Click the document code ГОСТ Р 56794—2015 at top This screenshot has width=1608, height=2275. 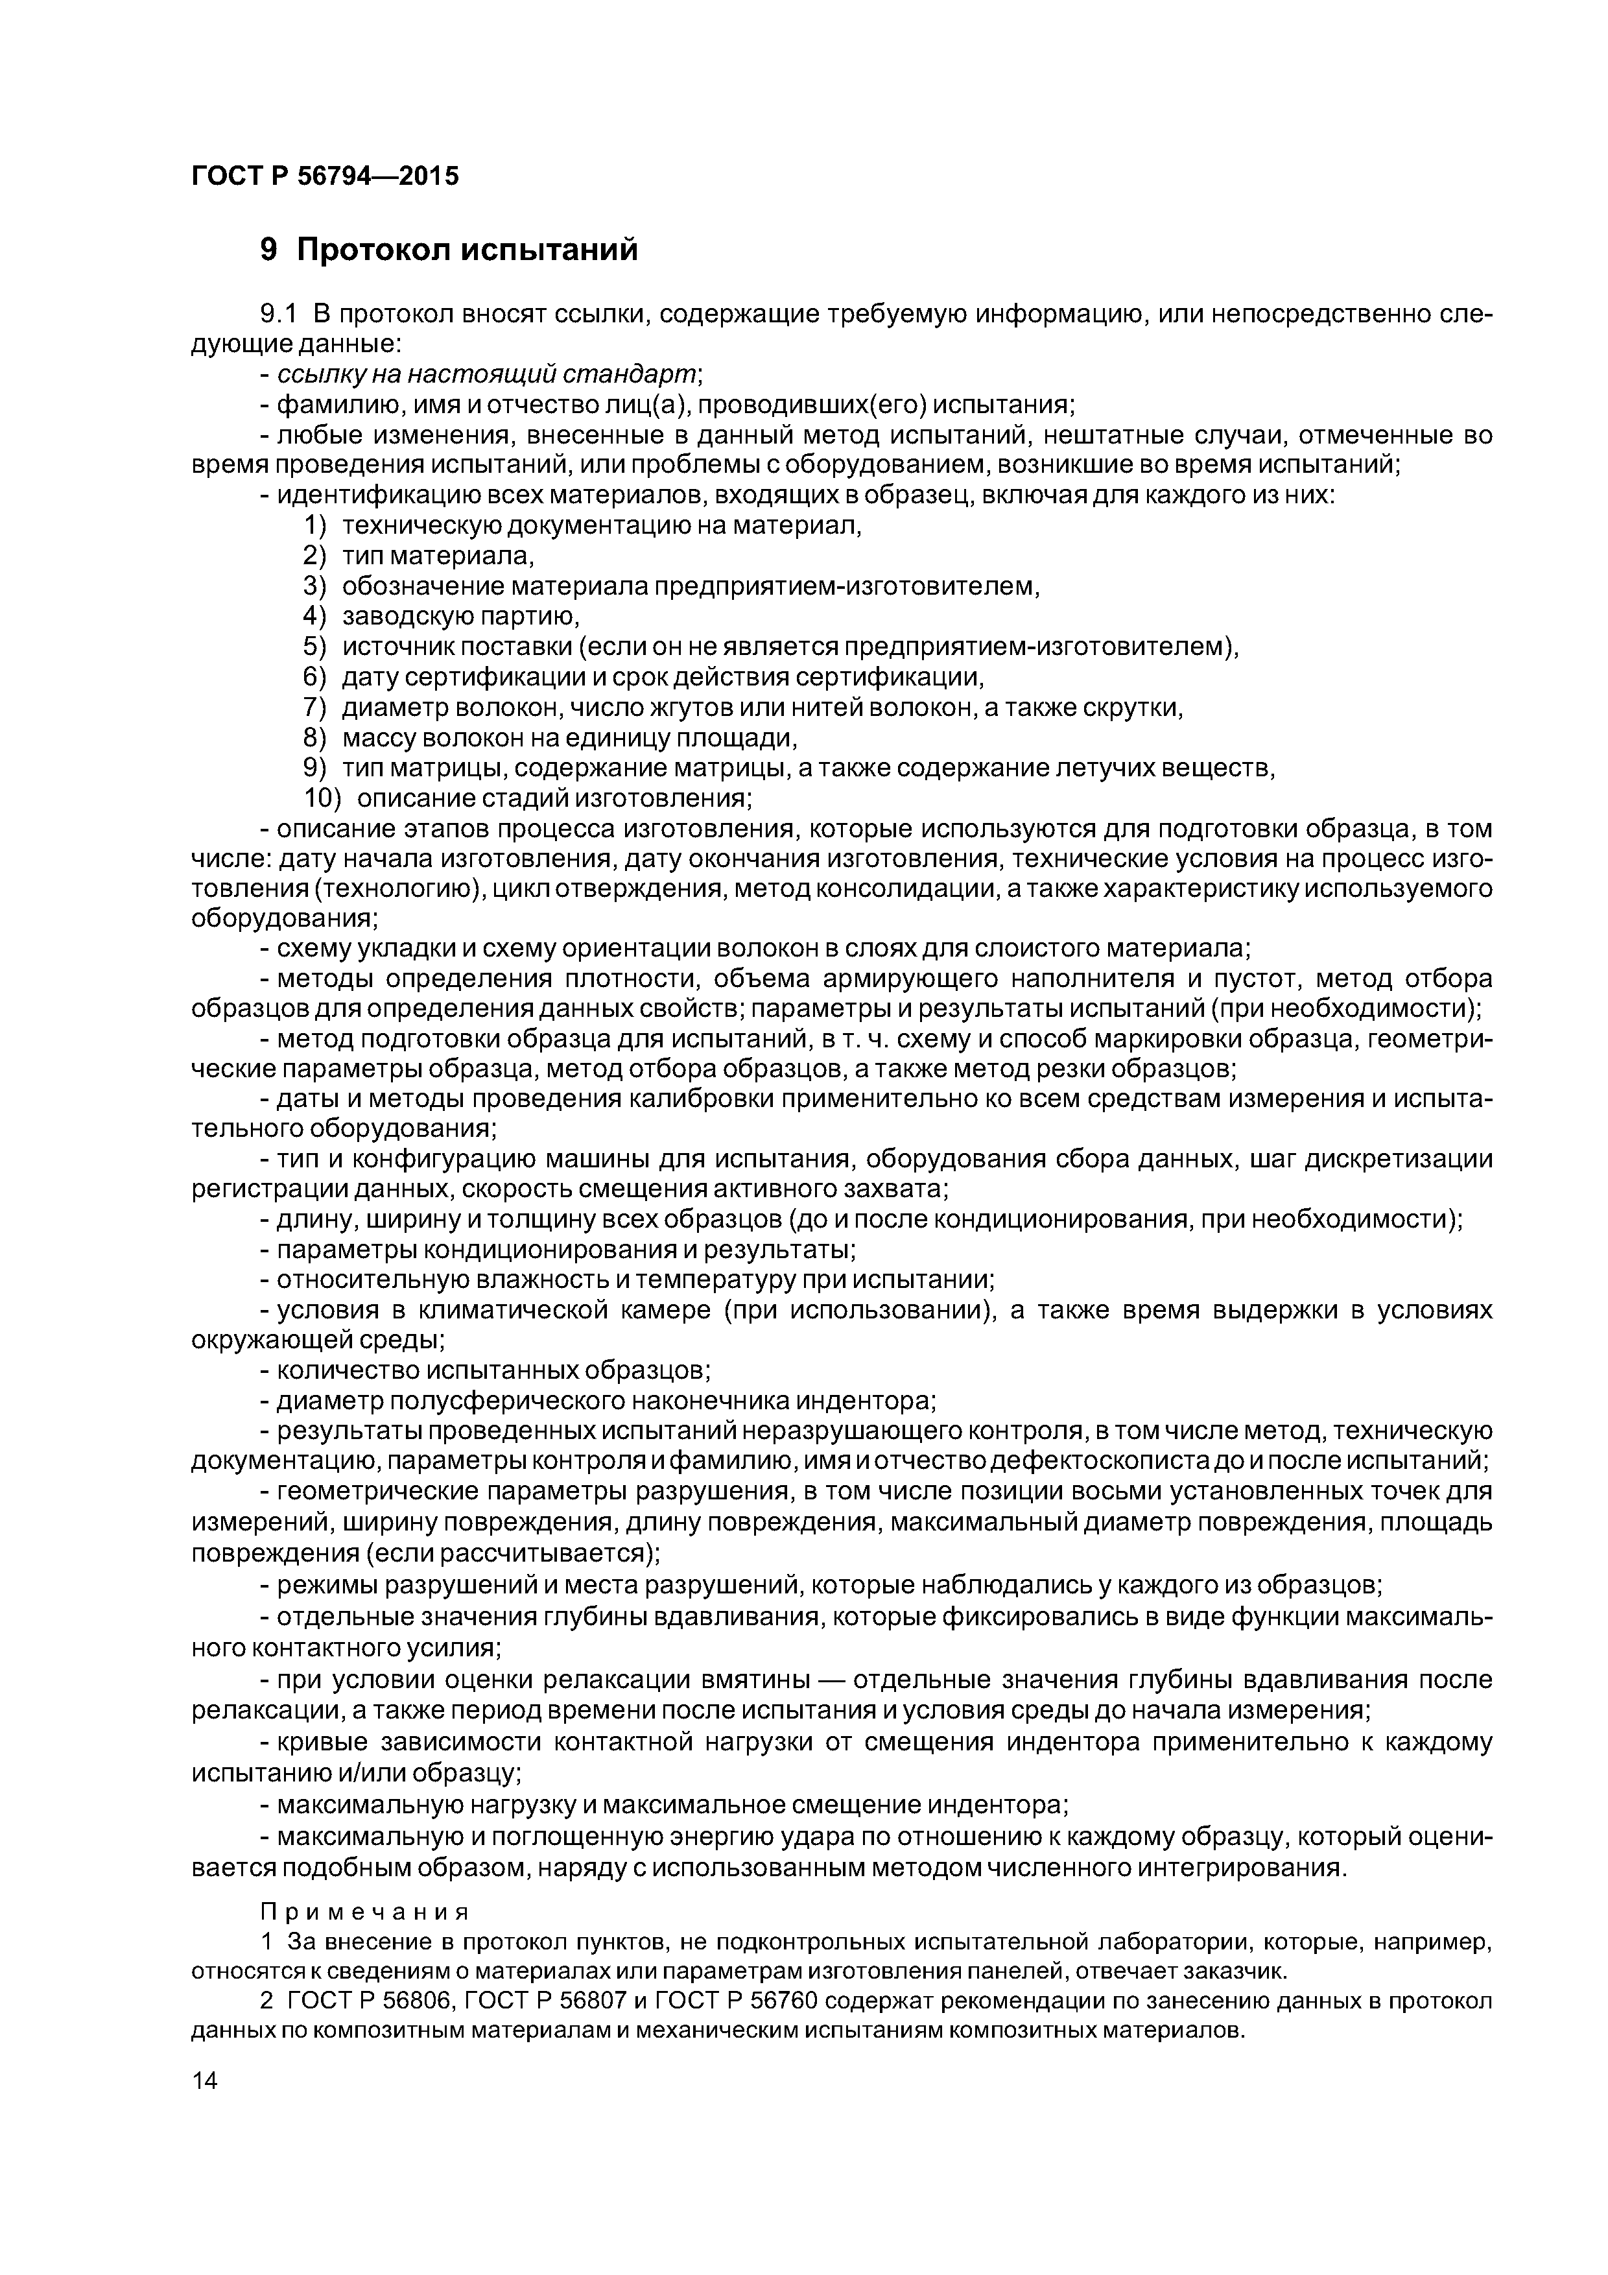pos(325,176)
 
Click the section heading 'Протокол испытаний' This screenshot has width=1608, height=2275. pos(467,250)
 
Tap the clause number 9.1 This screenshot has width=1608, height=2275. pos(278,315)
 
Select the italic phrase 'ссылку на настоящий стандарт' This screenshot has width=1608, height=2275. pos(488,375)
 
